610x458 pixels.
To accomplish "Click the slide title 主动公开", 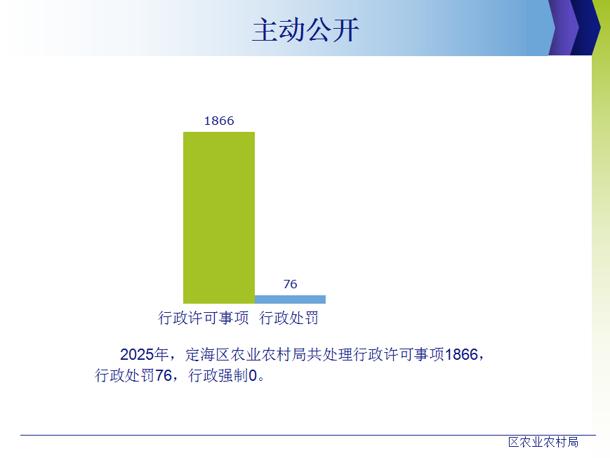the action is coord(305,30).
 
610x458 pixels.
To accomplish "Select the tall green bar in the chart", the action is coord(219,217).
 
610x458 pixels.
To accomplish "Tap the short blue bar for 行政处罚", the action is coord(290,299).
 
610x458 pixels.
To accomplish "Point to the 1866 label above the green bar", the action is coord(219,121).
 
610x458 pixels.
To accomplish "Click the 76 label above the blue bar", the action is coord(290,284).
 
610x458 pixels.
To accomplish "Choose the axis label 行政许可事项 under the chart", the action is coord(203,318).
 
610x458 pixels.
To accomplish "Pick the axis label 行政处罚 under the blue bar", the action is coord(289,318).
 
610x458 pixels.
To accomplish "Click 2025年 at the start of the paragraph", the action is coord(144,355).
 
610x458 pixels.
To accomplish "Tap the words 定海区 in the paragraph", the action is coord(207,355).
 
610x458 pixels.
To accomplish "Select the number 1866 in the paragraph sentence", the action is coord(461,355).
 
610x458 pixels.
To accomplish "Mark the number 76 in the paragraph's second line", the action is coord(164,375).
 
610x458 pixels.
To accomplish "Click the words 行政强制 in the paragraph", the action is coord(218,375).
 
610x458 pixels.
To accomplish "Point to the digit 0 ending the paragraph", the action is coord(253,375).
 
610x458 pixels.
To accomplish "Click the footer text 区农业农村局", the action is coord(543,442).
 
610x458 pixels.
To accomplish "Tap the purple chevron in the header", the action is coord(564,27).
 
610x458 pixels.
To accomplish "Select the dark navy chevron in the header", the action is coord(585,27).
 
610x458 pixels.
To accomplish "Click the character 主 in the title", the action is coord(265,30).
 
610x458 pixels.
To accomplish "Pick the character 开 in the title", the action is coord(346,30).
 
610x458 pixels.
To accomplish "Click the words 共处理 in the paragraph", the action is coord(330,355).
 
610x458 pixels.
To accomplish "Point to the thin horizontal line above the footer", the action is coord(308,435).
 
